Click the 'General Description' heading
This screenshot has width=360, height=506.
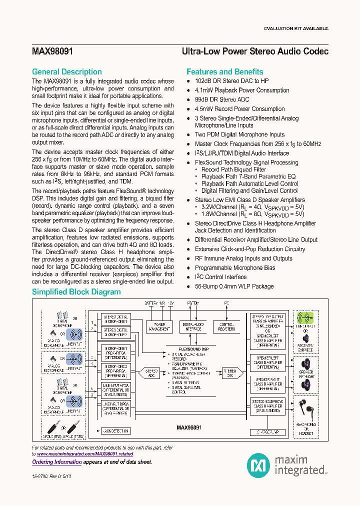(x=66, y=71)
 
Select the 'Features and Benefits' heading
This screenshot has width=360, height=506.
(x=224, y=71)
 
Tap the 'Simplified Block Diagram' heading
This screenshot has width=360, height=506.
(x=76, y=292)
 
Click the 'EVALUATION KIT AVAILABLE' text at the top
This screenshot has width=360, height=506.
(x=296, y=28)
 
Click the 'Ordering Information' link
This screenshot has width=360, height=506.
(x=56, y=462)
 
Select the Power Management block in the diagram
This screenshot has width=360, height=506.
(x=159, y=326)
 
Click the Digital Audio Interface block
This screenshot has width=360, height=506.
(x=193, y=326)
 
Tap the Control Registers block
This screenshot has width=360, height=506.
(x=226, y=326)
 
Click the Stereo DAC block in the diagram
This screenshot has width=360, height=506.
(x=229, y=373)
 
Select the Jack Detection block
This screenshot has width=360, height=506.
(x=115, y=430)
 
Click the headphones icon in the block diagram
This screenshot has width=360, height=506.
(x=305, y=410)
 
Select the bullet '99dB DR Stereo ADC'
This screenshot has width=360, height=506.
(x=221, y=99)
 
